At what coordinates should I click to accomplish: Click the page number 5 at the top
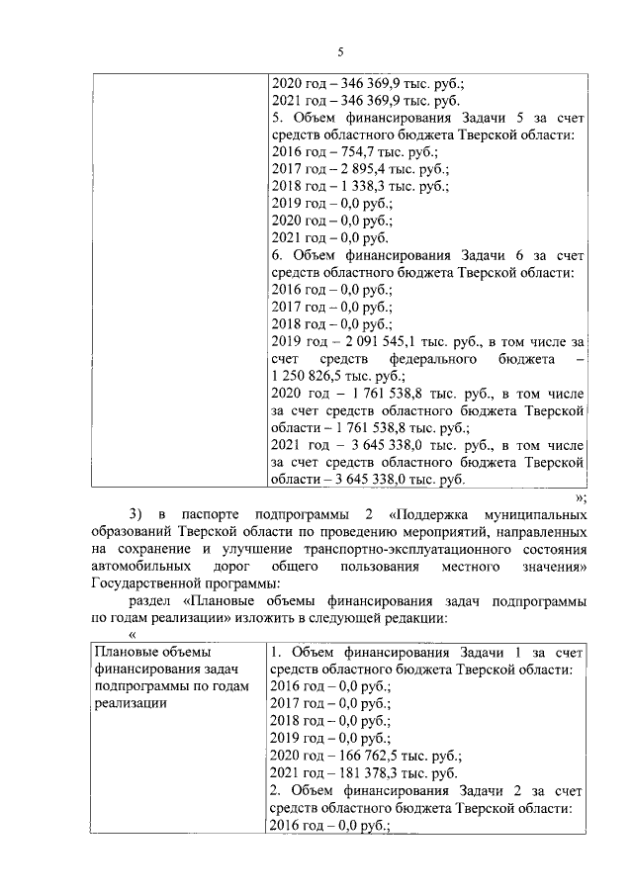point(339,51)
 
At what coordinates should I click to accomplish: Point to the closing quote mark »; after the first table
point(581,497)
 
